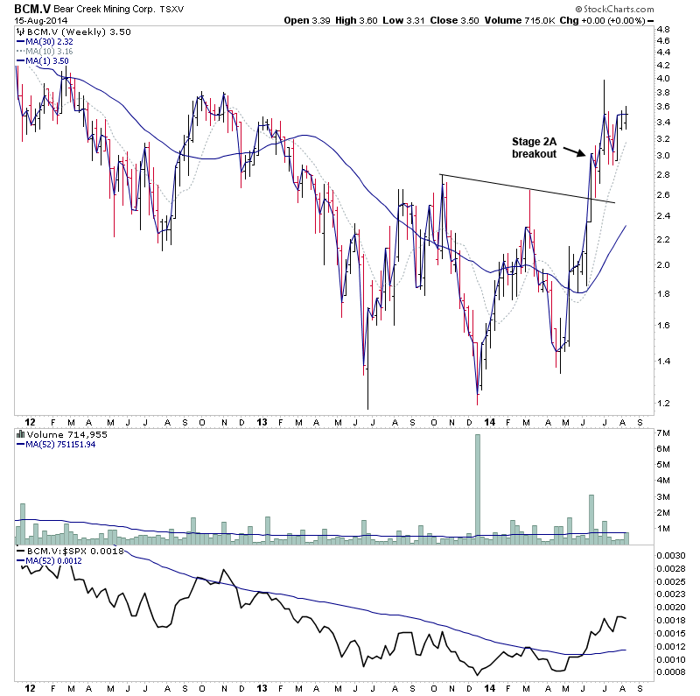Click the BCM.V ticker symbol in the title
pyautogui.click(x=30, y=8)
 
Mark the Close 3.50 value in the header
pyautogui.click(x=469, y=19)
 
